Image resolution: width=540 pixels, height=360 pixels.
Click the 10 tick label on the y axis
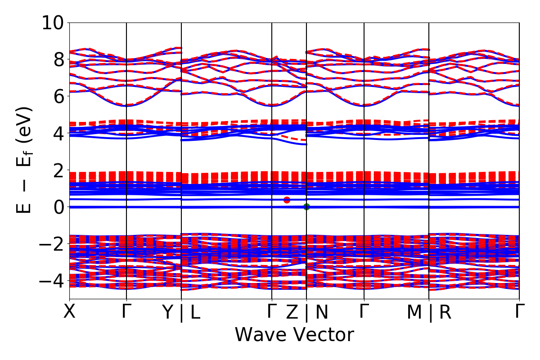[x=53, y=22]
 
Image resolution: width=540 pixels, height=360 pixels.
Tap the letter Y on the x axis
[x=168, y=312]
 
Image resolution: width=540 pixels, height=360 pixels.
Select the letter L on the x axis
[x=195, y=312]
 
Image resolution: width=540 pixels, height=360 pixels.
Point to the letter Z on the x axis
[x=292, y=312]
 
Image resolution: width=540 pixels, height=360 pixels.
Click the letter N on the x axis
[x=322, y=312]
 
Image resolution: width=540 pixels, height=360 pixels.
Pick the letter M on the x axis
[x=414, y=312]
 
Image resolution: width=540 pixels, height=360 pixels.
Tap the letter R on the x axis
[x=445, y=312]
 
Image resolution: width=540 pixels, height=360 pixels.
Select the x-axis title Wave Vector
[x=294, y=335]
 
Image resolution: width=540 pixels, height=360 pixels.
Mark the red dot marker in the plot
[x=287, y=200]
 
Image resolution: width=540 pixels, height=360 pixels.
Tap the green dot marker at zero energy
[x=306, y=207]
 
